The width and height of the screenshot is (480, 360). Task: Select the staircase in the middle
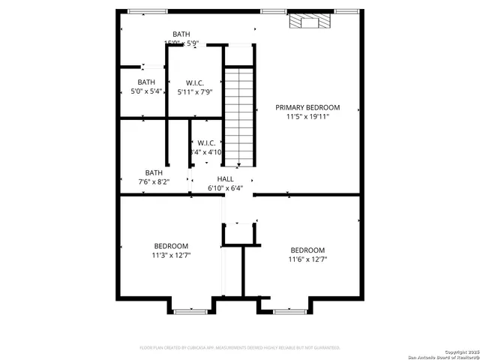[240, 116]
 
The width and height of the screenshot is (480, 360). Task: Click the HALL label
[225, 178]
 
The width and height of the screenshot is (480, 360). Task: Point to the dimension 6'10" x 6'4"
[225, 188]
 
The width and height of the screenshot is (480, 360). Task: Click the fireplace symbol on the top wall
[309, 22]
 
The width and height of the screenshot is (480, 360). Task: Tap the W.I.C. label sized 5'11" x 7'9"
[195, 82]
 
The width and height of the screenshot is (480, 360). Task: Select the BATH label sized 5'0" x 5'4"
[146, 82]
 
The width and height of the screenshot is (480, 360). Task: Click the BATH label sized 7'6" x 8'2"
[154, 172]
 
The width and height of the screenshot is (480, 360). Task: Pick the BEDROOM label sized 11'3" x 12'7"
[171, 246]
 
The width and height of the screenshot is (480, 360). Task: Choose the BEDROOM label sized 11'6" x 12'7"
[307, 250]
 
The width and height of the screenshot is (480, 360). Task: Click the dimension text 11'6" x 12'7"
[307, 259]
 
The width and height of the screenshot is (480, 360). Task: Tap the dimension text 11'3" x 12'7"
[171, 255]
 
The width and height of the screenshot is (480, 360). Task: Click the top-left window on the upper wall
[136, 11]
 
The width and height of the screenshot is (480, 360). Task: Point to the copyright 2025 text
[459, 351]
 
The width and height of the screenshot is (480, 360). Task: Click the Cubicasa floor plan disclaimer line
[240, 347]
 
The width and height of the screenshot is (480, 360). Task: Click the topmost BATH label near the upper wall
[181, 34]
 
